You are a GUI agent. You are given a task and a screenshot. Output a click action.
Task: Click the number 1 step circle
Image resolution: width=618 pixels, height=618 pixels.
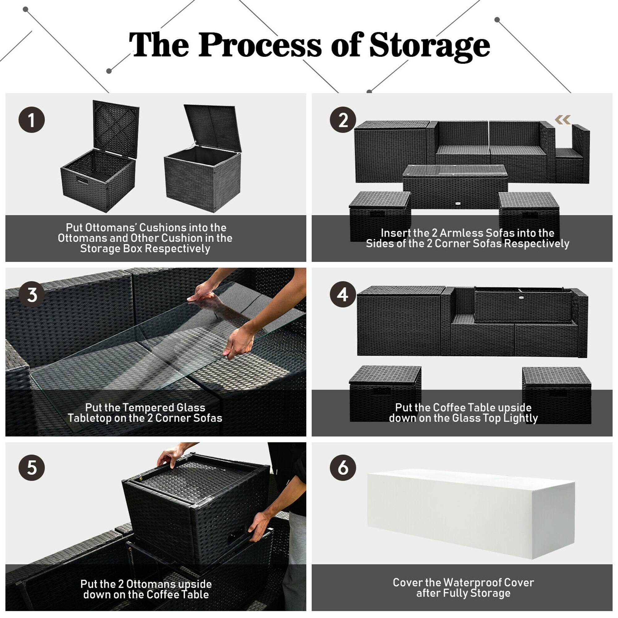[31, 120]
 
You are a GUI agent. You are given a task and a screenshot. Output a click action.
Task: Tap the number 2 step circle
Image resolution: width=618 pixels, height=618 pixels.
[343, 120]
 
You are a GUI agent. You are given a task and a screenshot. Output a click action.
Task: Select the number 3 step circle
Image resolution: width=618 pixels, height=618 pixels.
[31, 294]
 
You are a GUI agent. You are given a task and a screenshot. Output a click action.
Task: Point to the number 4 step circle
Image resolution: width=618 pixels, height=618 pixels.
[343, 294]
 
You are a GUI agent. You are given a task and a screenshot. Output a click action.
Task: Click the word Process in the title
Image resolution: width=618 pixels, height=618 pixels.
[260, 45]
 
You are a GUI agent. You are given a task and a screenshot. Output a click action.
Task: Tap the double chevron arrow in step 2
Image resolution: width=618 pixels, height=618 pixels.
[563, 120]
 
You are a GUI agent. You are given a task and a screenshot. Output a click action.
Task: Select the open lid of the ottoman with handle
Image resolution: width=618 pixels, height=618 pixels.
[116, 128]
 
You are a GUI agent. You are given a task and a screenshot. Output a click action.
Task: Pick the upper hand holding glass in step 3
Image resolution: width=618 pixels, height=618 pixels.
[202, 292]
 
